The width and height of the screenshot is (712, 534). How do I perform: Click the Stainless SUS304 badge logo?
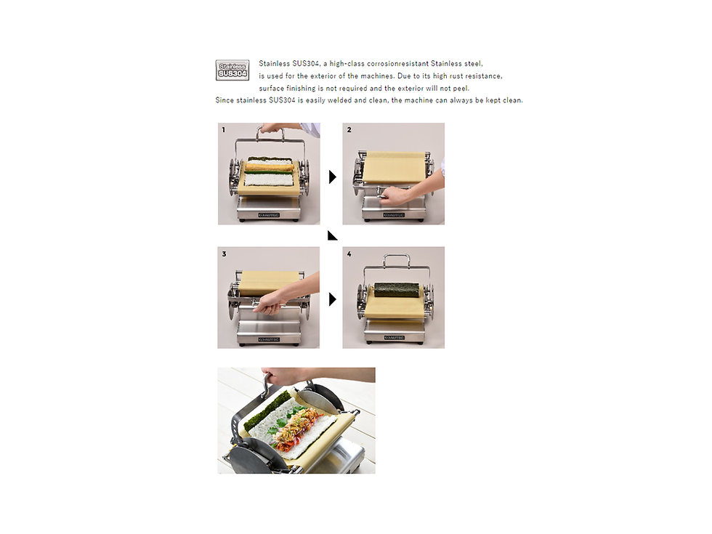click(232, 70)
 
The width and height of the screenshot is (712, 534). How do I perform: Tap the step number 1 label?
click(223, 130)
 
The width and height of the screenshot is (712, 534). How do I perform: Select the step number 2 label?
click(349, 130)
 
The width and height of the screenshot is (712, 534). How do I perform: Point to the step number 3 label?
click(224, 254)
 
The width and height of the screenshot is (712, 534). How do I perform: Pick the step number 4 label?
click(349, 254)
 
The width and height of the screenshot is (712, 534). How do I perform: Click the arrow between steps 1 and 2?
click(333, 177)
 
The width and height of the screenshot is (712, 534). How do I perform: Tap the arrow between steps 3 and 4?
click(333, 299)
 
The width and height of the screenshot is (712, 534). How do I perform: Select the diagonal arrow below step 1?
click(333, 235)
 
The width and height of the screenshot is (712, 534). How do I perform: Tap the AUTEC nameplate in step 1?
click(269, 215)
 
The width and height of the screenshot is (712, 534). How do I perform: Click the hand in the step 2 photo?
click(397, 196)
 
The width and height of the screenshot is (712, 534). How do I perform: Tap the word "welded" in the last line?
click(340, 100)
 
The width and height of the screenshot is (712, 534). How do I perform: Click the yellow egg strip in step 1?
click(268, 167)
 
